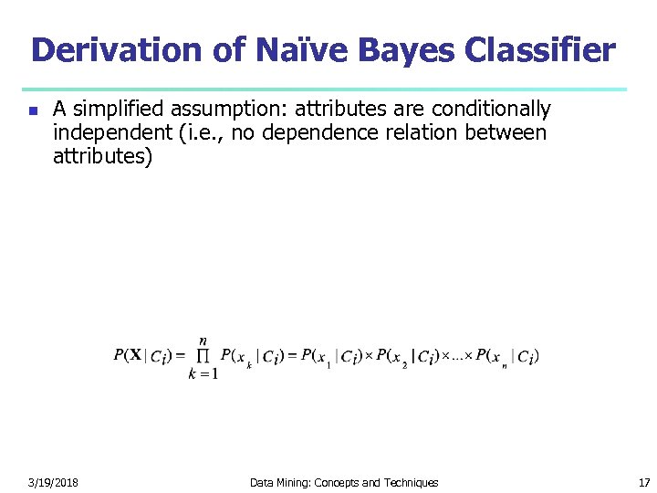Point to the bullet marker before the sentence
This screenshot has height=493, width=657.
click(32, 110)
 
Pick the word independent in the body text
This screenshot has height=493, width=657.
click(103, 133)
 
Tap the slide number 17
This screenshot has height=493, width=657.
click(643, 482)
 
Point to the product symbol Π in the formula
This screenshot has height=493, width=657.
click(203, 356)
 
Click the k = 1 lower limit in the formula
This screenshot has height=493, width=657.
click(203, 373)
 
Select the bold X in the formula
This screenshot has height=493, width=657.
click(134, 355)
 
